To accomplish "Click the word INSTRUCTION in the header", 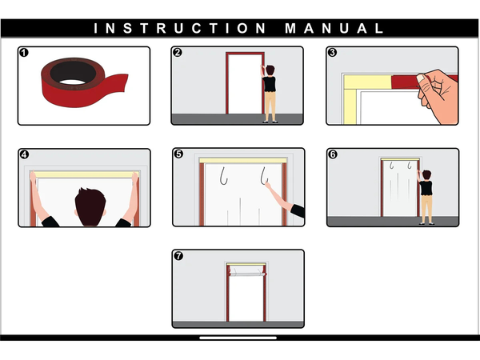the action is pyautogui.click(x=180, y=29).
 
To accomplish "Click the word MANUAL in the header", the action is pyautogui.click(x=334, y=29).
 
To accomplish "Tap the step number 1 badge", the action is pyautogui.click(x=23, y=53).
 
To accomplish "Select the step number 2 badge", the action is pyautogui.click(x=178, y=52).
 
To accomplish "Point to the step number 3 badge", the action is pyautogui.click(x=333, y=52).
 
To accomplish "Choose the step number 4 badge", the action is pyautogui.click(x=24, y=154).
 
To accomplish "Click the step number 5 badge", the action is pyautogui.click(x=178, y=154).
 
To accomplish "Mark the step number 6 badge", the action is pyautogui.click(x=333, y=154).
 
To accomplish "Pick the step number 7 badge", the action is pyautogui.click(x=178, y=256).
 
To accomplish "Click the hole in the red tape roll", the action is pyautogui.click(x=72, y=82).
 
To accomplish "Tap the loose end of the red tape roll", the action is pyautogui.click(x=120, y=82).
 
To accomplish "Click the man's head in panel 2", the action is pyautogui.click(x=270, y=70).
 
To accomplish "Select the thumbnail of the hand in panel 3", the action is pyautogui.click(x=422, y=78).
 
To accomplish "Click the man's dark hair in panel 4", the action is pyautogui.click(x=90, y=206).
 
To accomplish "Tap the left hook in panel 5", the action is pyautogui.click(x=224, y=176).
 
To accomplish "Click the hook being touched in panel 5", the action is pyautogui.click(x=264, y=176).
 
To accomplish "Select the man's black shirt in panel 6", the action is pyautogui.click(x=426, y=188).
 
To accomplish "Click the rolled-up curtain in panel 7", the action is pyautogui.click(x=247, y=274).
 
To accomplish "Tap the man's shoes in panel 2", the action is pyautogui.click(x=270, y=122).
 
